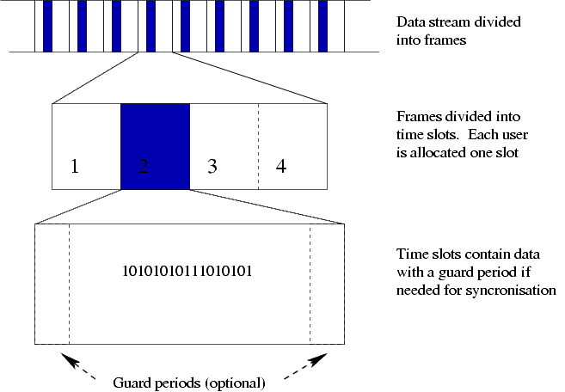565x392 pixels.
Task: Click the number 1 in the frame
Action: (x=75, y=167)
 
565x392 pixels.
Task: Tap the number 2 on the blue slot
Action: (x=144, y=167)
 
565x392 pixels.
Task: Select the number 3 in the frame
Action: (x=212, y=167)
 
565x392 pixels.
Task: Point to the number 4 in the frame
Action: (x=281, y=167)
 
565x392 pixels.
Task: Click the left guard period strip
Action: (x=52, y=284)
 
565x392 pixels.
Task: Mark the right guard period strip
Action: (x=327, y=284)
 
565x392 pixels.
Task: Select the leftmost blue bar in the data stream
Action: (x=47, y=26)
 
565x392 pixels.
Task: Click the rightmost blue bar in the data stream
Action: (x=322, y=26)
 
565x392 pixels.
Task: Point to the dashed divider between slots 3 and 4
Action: (x=258, y=146)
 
